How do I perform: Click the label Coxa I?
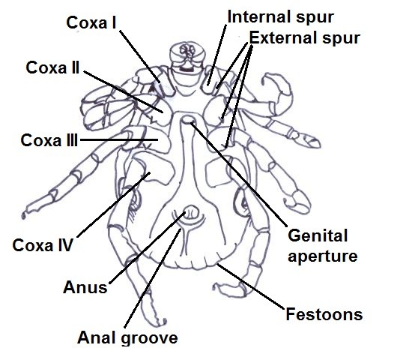(91, 22)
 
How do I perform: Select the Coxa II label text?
(52, 67)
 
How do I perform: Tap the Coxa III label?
(49, 140)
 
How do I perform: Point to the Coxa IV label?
(43, 245)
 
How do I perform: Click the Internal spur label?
(281, 16)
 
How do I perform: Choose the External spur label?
(305, 38)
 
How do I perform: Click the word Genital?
(318, 235)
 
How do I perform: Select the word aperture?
(323, 256)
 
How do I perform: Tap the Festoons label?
(324, 314)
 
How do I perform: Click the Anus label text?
(85, 287)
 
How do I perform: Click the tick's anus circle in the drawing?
(191, 212)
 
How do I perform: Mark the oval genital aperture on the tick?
(187, 120)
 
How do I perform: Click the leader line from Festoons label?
(251, 286)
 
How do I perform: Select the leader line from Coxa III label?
(119, 139)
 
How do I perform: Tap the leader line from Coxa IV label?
(114, 205)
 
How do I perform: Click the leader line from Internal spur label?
(217, 55)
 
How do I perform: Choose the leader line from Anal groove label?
(153, 278)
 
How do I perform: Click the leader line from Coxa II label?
(124, 91)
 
